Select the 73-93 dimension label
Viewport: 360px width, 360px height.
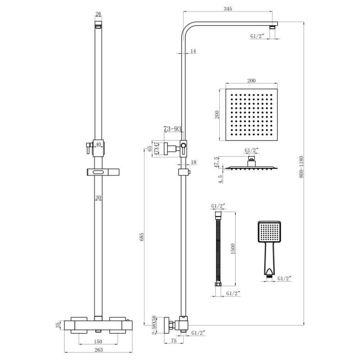(172, 129)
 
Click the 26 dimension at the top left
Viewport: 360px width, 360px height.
(99, 14)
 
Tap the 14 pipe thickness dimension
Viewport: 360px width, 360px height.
(193, 52)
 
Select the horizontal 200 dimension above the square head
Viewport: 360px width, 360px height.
(251, 81)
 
